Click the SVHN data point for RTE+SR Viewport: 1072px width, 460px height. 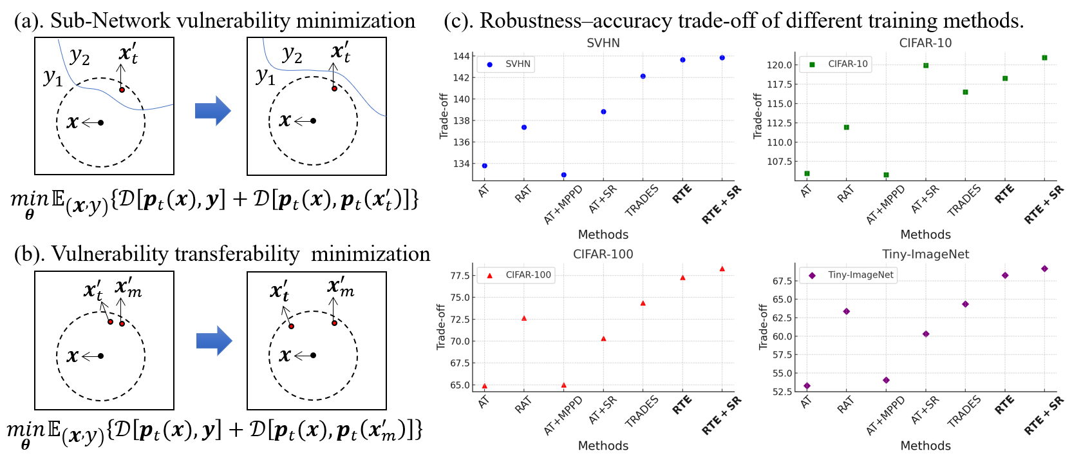click(722, 58)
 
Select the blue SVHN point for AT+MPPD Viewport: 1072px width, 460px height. click(564, 175)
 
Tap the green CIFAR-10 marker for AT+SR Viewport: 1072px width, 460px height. click(926, 66)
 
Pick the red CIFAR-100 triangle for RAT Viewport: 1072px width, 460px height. click(524, 318)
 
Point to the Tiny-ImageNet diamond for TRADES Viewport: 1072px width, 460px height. click(965, 304)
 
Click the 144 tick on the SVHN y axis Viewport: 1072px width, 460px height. click(461, 56)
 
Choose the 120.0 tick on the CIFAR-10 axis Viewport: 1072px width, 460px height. click(779, 65)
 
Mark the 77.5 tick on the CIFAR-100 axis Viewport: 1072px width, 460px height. click(460, 276)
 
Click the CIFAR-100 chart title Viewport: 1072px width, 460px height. click(603, 254)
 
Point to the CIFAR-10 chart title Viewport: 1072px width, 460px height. click(925, 43)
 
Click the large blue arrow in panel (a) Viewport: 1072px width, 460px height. click(212, 111)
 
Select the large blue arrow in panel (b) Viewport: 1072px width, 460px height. click(214, 341)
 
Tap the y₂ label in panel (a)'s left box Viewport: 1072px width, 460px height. click(80, 57)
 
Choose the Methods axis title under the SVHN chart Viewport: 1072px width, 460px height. click(603, 235)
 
